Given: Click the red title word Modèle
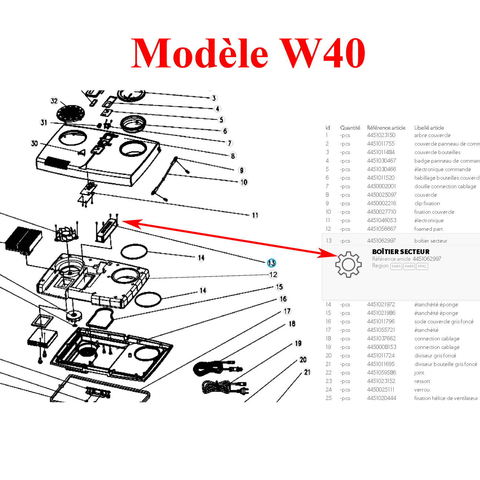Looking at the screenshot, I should coord(200,54).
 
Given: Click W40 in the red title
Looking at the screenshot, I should coord(322,54).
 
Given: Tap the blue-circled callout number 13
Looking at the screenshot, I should coord(271,263).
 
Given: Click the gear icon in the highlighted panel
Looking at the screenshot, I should coord(348,264).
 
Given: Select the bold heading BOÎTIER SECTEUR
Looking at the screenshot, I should coord(401,252).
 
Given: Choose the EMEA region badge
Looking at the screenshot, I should coord(396,266).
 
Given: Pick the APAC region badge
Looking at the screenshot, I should coord(422,266).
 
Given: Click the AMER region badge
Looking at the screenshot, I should coord(409,266).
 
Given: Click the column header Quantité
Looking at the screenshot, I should coord(350,128).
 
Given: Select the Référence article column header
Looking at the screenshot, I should coord(386,128).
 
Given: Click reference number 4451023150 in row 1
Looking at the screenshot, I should coord(381,135).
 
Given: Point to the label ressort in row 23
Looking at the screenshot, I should coord(422,381).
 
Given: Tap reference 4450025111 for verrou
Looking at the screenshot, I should coord(381,390).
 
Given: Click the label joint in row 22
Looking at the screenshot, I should coord(419,373).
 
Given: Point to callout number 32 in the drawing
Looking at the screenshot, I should coord(54,101).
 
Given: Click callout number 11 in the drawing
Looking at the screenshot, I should coord(255,215).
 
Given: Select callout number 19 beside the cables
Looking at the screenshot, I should coord(298,344).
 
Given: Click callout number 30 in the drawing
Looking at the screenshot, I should coord(34,143).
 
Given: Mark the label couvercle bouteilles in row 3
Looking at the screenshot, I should coord(437,152).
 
